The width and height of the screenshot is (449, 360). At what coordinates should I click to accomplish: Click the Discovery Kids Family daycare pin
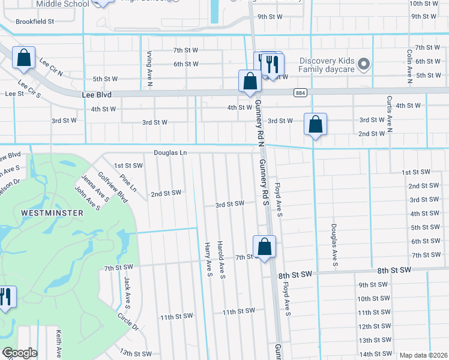[363, 64]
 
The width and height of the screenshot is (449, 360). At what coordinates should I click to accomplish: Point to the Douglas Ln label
[170, 153]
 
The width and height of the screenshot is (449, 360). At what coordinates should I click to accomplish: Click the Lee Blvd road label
[97, 95]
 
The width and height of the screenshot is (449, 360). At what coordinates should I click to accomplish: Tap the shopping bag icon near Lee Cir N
[24, 58]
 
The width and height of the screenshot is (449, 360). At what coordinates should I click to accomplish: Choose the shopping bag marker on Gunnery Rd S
[264, 246]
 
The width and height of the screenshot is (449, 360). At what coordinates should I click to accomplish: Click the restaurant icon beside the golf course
[6, 297]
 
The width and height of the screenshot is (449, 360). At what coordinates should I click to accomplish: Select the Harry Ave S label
[208, 260]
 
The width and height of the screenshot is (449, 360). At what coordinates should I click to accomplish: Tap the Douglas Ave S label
[334, 246]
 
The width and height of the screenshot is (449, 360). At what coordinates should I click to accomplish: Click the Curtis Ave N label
[389, 113]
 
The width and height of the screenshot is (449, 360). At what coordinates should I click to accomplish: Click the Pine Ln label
[128, 183]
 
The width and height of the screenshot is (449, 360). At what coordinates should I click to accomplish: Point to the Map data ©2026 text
[423, 355]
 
